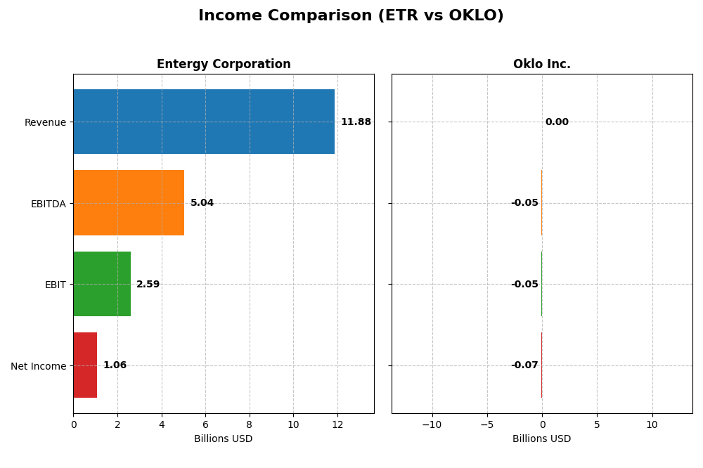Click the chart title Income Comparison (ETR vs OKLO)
(x=351, y=16)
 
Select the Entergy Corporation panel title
(x=224, y=65)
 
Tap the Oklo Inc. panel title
(x=541, y=65)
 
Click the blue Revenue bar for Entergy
(x=204, y=122)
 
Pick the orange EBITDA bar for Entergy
(x=129, y=203)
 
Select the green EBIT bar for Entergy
(x=102, y=284)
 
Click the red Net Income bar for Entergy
(x=85, y=365)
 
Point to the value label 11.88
(x=356, y=122)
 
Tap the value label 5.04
(x=202, y=203)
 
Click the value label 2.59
(x=148, y=285)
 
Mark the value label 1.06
(x=115, y=365)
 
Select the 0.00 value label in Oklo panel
(x=557, y=122)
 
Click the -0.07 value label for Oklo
(x=524, y=365)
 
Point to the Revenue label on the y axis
(x=45, y=122)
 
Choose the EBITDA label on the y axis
(x=48, y=204)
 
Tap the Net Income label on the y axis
(x=39, y=366)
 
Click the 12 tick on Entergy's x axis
(x=337, y=424)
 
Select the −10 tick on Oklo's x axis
(x=432, y=424)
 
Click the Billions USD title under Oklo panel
(x=541, y=439)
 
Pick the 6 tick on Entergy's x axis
(x=205, y=424)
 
